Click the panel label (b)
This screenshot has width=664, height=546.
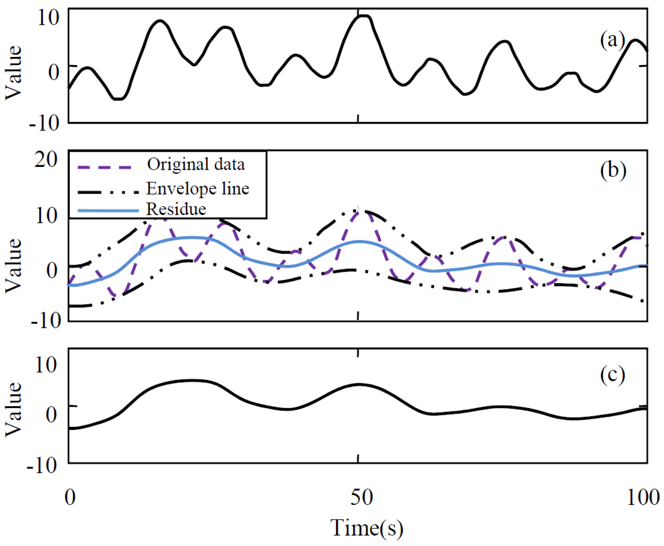coord(613,171)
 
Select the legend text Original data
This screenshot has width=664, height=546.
coord(196,164)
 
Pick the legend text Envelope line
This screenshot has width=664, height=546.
coord(198,189)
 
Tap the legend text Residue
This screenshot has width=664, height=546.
coord(176,209)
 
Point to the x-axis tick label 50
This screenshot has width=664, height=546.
coord(362,498)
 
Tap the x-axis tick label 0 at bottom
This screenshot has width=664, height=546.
coord(70,498)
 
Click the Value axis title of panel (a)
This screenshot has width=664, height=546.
coord(13,73)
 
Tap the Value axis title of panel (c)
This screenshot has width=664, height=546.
coord(13,409)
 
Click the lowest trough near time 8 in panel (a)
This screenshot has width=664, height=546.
coord(119,99)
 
